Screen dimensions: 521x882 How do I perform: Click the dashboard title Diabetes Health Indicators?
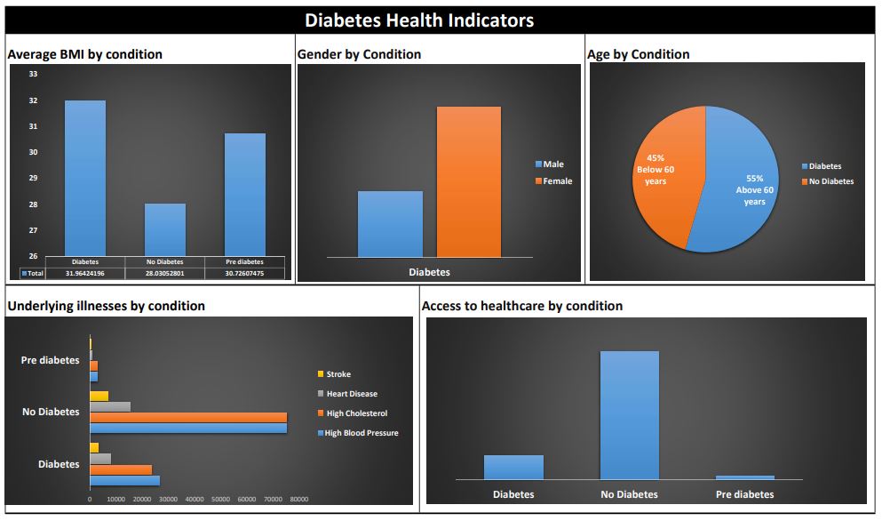419,20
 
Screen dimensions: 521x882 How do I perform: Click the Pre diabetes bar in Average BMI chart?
244,194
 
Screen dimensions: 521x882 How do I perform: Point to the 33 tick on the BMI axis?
33,75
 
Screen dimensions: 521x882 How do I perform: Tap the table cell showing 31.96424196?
85,274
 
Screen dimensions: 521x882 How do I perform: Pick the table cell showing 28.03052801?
165,274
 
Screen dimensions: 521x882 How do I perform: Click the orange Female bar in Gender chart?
468,182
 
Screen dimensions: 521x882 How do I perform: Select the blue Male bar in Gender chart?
390,224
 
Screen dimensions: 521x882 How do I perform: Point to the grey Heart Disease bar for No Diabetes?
110,406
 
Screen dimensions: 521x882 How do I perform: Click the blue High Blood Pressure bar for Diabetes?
124,480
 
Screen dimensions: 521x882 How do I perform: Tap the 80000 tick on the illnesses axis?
299,500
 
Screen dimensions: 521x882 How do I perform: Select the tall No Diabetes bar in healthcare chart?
629,415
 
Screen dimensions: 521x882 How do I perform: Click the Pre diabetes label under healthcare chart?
744,494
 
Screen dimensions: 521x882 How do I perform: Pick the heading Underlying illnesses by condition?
106,306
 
